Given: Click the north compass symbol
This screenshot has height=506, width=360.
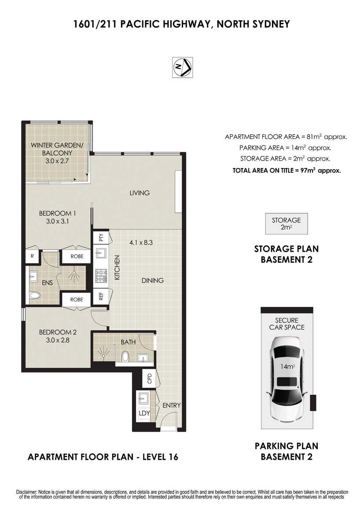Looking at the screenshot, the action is point(183,67).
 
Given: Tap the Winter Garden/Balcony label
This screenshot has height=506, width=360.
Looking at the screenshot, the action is point(57,153).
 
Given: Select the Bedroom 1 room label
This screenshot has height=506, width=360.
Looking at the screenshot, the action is point(58,217).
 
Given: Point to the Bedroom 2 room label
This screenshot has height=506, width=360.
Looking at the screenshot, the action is point(58,336).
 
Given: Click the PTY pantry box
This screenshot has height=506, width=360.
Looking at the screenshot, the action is point(101,238).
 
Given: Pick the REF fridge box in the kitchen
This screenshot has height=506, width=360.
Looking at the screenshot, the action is point(101,296).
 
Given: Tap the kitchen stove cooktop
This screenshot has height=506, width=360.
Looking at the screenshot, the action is point(101,276).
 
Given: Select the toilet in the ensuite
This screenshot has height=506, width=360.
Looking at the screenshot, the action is point(34,295).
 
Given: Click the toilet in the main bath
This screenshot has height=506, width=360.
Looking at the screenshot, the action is point(125,356).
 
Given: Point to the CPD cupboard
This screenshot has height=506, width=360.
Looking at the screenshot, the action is point(149,378).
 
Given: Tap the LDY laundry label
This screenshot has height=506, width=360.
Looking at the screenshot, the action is point(144,413).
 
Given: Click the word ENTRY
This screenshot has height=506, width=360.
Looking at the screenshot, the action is point(172,405).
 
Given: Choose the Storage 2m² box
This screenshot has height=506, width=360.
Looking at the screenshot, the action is point(287,224).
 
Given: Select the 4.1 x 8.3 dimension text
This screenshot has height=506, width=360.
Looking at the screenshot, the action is point(141,242).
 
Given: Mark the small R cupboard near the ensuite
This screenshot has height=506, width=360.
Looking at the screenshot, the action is point(32,256).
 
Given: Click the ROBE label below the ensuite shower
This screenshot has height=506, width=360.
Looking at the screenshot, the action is point(77,300).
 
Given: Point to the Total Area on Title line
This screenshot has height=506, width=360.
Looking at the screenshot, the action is point(287,170).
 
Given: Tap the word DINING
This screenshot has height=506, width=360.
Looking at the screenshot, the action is point(153,280).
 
